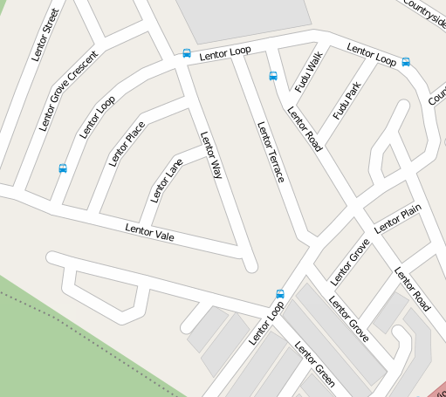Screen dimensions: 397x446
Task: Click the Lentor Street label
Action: point(45,35)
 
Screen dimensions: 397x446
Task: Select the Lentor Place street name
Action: point(127,144)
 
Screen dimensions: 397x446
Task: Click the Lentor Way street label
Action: point(212,155)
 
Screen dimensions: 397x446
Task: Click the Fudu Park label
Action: point(347,101)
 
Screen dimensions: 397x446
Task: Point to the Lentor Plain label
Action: point(398,220)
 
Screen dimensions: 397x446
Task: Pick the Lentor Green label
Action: point(315,364)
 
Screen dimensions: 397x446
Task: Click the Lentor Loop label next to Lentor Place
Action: point(98,117)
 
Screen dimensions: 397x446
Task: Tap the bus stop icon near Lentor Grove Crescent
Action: point(63,168)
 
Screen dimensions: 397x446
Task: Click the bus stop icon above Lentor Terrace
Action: point(273,76)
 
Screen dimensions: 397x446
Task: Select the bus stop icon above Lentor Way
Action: point(187,53)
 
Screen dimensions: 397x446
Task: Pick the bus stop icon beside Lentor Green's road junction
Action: point(280,294)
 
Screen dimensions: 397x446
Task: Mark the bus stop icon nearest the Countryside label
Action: point(407,62)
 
